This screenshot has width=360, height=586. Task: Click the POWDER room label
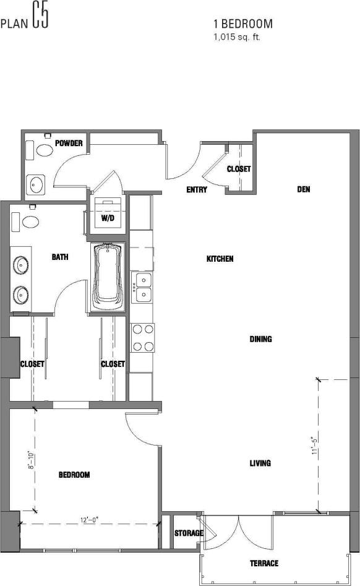pyautogui.click(x=69, y=144)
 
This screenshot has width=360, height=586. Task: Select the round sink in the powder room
pyautogui.click(x=36, y=184)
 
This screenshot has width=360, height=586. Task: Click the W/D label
pyautogui.click(x=108, y=218)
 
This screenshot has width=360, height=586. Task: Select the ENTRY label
pyautogui.click(x=197, y=190)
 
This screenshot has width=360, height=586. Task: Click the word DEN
pyautogui.click(x=303, y=189)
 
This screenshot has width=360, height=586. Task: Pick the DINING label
pyautogui.click(x=260, y=339)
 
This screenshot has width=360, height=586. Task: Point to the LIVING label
pyautogui.click(x=260, y=463)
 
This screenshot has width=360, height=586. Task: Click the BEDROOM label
pyautogui.click(x=74, y=475)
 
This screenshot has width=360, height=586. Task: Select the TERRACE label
pyautogui.click(x=264, y=563)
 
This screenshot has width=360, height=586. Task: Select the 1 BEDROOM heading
pyautogui.click(x=243, y=24)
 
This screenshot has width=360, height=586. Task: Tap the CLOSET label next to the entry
pyautogui.click(x=238, y=169)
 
